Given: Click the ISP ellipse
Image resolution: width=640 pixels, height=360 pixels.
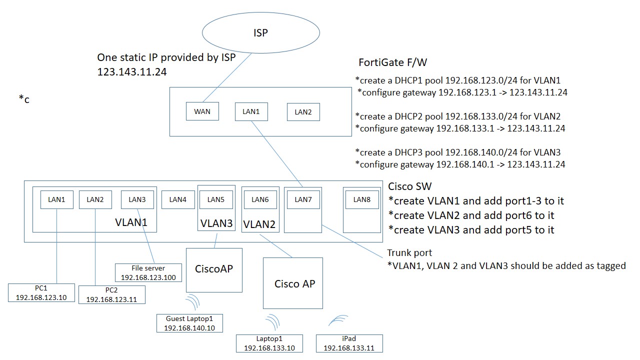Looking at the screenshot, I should pyautogui.click(x=260, y=33).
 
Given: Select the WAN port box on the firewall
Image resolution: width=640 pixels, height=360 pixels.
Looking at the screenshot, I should pyautogui.click(x=202, y=111).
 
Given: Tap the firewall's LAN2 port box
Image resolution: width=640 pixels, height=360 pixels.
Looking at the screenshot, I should pyautogui.click(x=303, y=112).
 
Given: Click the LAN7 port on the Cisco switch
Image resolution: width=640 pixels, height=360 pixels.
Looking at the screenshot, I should pyautogui.click(x=303, y=199).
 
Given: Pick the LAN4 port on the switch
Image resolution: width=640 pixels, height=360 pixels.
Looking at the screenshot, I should pyautogui.click(x=177, y=199).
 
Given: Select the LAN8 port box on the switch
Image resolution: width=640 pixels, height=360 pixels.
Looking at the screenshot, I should pyautogui.click(x=361, y=199).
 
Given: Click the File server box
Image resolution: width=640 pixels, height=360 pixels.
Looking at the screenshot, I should pyautogui.click(x=148, y=272).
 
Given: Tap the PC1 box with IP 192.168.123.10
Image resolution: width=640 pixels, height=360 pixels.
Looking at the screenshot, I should pyautogui.click(x=41, y=292).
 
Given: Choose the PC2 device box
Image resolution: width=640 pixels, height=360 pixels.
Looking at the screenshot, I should pyautogui.click(x=112, y=294).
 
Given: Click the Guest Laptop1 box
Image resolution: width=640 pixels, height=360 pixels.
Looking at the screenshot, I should pyautogui.click(x=189, y=323).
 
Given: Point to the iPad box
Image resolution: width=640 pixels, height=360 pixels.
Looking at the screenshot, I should pyautogui.click(x=349, y=343).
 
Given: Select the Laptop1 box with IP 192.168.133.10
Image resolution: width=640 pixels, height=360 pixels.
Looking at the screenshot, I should pyautogui.click(x=269, y=343).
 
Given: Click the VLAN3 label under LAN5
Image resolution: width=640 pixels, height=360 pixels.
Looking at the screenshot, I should pyautogui.click(x=216, y=223).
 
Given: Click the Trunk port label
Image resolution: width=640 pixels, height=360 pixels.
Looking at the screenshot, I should pyautogui.click(x=409, y=253).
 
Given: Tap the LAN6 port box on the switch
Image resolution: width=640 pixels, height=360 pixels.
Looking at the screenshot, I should pyautogui.click(x=260, y=199).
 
